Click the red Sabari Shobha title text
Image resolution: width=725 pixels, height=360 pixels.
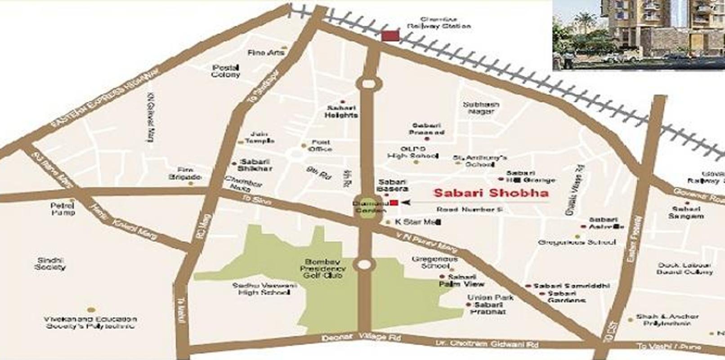point(491,193)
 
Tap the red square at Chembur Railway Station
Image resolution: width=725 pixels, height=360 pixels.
point(390,36)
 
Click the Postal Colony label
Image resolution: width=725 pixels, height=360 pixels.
point(226,71)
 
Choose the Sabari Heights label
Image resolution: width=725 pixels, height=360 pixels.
point(341,111)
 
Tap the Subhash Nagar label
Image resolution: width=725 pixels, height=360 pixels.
point(481,108)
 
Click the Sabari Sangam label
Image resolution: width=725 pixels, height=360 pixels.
point(685,212)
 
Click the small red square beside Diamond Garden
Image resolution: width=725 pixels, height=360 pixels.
point(394,203)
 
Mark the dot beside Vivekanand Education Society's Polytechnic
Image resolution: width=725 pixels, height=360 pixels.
point(91,310)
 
